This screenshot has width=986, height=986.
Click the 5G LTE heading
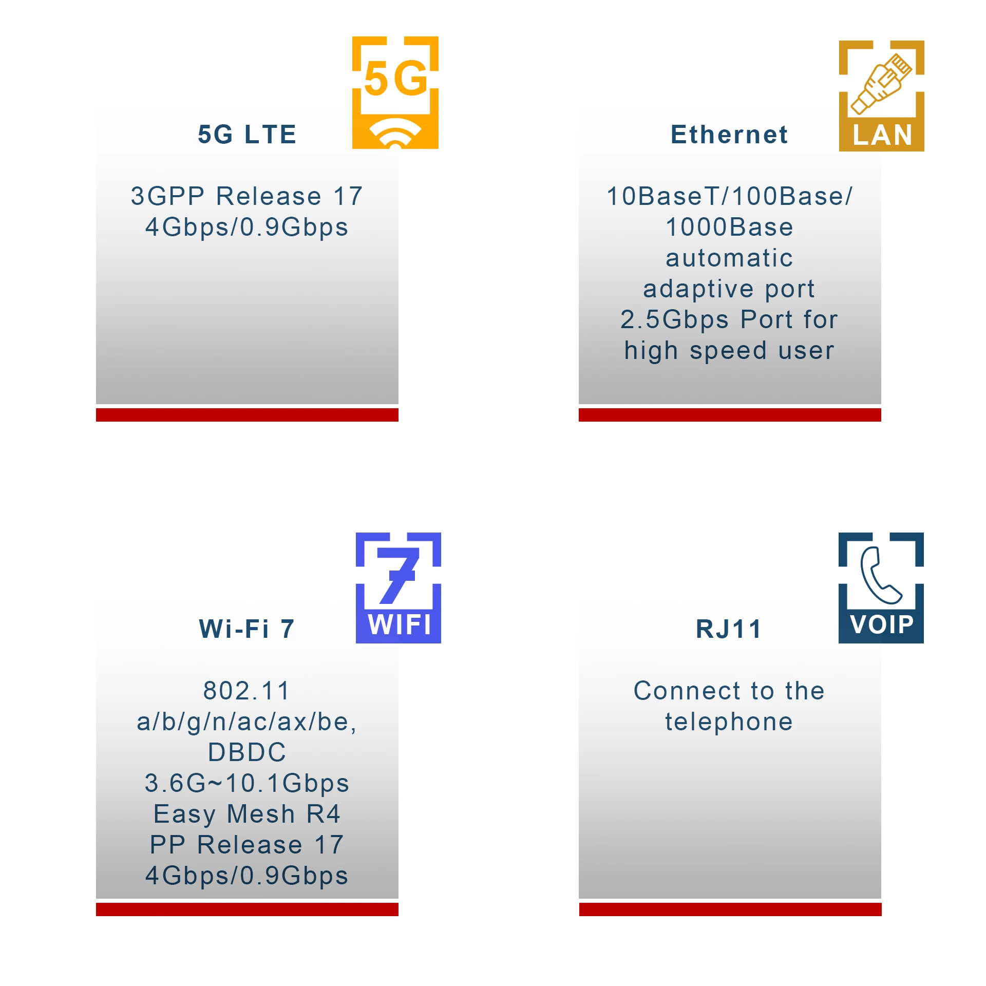(247, 135)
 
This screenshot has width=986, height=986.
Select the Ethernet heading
(729, 135)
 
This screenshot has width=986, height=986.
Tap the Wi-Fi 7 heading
(247, 629)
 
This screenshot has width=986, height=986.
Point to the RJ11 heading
(729, 629)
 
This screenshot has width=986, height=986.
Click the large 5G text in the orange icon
(395, 79)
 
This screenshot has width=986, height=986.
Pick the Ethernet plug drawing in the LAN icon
(881, 83)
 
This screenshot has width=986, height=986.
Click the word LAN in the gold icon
(882, 136)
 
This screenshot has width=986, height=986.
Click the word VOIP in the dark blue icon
(882, 625)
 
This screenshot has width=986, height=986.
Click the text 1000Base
(729, 227)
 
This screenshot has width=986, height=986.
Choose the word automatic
(729, 258)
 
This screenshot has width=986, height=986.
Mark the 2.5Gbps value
(674, 319)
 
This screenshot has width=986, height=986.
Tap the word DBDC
(247, 752)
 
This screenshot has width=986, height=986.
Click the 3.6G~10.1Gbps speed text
(247, 783)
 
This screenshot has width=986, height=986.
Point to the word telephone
(729, 722)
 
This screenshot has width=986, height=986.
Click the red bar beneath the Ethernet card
(730, 415)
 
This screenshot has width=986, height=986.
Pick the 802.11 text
(247, 691)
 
